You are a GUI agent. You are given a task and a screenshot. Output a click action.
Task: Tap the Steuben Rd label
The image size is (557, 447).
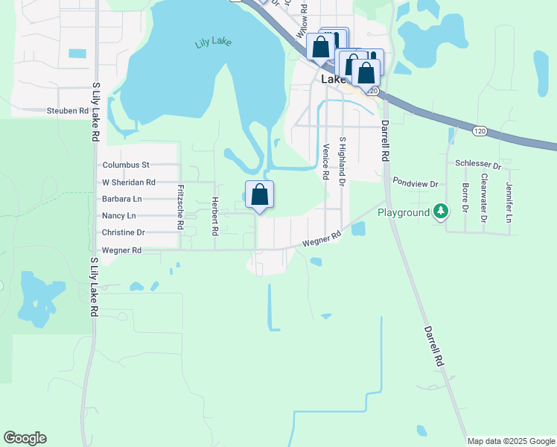point(68,111)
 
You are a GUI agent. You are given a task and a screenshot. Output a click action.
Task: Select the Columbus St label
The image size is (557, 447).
point(126,165)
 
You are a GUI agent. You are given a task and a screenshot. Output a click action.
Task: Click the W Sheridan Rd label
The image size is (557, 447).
point(128,182)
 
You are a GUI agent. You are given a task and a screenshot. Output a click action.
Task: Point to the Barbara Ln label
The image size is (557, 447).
point(122,199)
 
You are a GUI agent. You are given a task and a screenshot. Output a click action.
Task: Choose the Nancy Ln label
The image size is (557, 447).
point(119,216)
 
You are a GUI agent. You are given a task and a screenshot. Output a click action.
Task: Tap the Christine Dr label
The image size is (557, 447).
point(124,232)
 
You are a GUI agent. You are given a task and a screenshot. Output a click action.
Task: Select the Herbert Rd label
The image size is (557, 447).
point(214,216)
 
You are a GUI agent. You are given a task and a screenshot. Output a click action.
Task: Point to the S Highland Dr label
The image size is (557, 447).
point(343,161)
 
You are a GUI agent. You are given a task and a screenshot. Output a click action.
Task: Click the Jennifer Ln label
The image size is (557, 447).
point(509,197)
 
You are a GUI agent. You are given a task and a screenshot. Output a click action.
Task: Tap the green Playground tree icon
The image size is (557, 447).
point(442,212)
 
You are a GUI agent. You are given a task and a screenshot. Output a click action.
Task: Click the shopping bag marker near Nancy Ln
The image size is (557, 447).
point(259,195)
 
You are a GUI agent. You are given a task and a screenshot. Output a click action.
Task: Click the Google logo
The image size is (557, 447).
point(25,438)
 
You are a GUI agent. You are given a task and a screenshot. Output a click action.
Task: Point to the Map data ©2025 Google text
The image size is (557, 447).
point(510,441)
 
